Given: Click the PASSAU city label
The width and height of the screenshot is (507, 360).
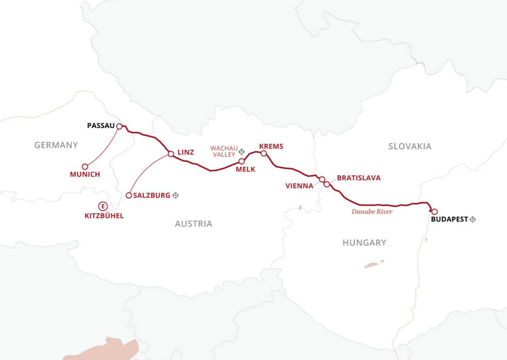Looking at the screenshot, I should [x=100, y=126].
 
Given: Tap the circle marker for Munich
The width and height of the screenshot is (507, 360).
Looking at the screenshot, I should [x=85, y=167].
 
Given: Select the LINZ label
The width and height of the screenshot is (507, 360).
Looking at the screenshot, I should [x=186, y=152].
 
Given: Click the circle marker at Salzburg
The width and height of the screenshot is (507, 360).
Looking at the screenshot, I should [x=129, y=195].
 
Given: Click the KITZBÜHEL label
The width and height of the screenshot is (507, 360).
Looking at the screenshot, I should [x=103, y=215].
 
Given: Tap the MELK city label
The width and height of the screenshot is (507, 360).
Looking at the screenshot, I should [x=245, y=169].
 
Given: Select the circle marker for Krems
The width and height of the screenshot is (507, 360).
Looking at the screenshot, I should [x=264, y=153].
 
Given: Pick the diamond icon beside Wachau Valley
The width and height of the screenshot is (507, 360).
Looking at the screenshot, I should [x=242, y=151].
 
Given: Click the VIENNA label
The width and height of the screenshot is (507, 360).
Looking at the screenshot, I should [x=299, y=186].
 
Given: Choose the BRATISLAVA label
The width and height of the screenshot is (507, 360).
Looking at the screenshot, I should [x=358, y=178].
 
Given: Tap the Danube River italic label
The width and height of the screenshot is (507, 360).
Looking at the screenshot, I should [x=372, y=212].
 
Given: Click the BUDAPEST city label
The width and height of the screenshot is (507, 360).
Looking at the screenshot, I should [x=449, y=219].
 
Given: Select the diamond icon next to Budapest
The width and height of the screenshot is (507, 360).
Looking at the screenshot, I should [x=473, y=219].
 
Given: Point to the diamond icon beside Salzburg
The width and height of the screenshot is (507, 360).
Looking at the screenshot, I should [x=175, y=195].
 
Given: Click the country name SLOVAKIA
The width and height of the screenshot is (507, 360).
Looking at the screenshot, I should [x=410, y=146].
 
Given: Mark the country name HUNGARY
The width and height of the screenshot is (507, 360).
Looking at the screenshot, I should [x=364, y=243].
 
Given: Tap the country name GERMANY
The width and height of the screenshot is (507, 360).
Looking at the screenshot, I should [x=56, y=145].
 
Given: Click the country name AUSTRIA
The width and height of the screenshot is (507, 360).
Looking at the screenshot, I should [x=194, y=224].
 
